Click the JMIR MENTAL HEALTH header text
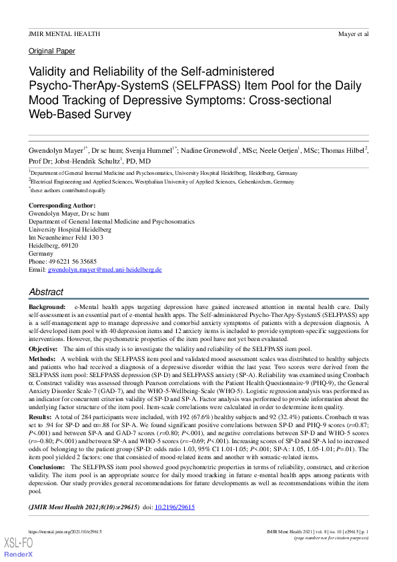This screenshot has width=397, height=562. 64,33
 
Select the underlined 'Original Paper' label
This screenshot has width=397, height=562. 52,51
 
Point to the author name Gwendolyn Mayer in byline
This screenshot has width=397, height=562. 55,149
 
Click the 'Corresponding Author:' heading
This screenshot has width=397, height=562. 62,205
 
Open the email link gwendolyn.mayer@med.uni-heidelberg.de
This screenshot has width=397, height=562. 105,270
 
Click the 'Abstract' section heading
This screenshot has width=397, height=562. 47,292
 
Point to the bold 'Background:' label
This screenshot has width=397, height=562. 47,305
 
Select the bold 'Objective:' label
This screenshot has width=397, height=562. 43,349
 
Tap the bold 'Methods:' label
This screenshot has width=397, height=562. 42,358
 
